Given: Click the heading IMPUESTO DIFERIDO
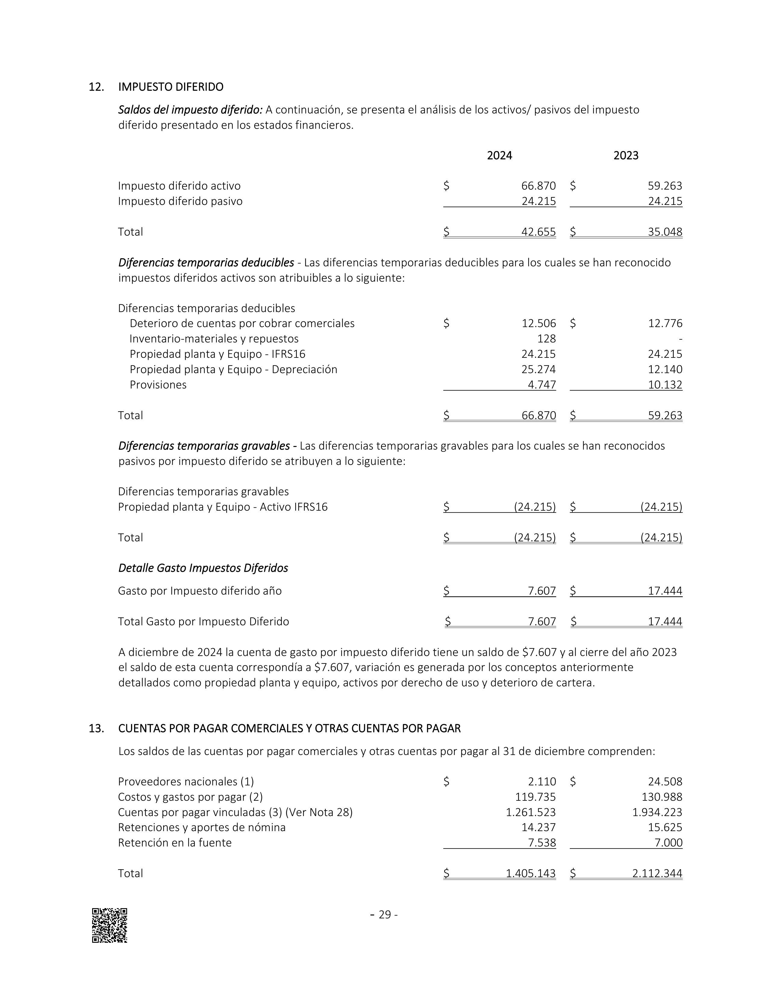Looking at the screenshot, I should pos(170,87).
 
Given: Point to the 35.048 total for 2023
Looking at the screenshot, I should pos(665,232).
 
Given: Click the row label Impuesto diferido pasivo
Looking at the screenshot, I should pos(180,201).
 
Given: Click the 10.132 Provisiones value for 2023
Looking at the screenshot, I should pos(665,385).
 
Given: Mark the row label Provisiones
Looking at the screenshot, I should pos(158,385).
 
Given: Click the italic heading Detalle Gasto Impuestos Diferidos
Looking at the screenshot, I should pos(203,568).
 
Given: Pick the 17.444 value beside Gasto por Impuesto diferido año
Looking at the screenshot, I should pos(665,591).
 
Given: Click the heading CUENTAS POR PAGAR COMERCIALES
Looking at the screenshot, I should pos(289,729).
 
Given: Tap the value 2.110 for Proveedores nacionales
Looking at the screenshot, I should pos(542,781).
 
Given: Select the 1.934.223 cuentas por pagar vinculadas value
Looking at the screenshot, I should pos(657,812).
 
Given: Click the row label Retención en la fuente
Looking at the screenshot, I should pos(175,843).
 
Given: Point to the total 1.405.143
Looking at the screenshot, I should pos(530,873).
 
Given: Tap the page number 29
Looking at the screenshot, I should pos(385,915).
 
